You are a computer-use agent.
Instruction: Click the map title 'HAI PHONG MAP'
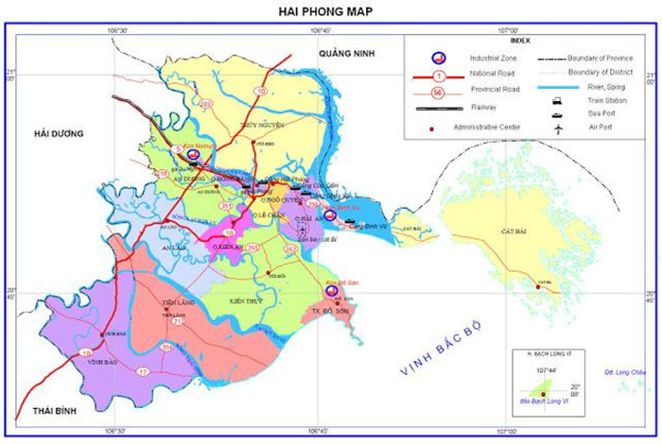coord(326,11)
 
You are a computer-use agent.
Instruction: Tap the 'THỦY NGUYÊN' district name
coord(263,124)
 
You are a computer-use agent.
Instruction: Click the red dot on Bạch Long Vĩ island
coord(543,406)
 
